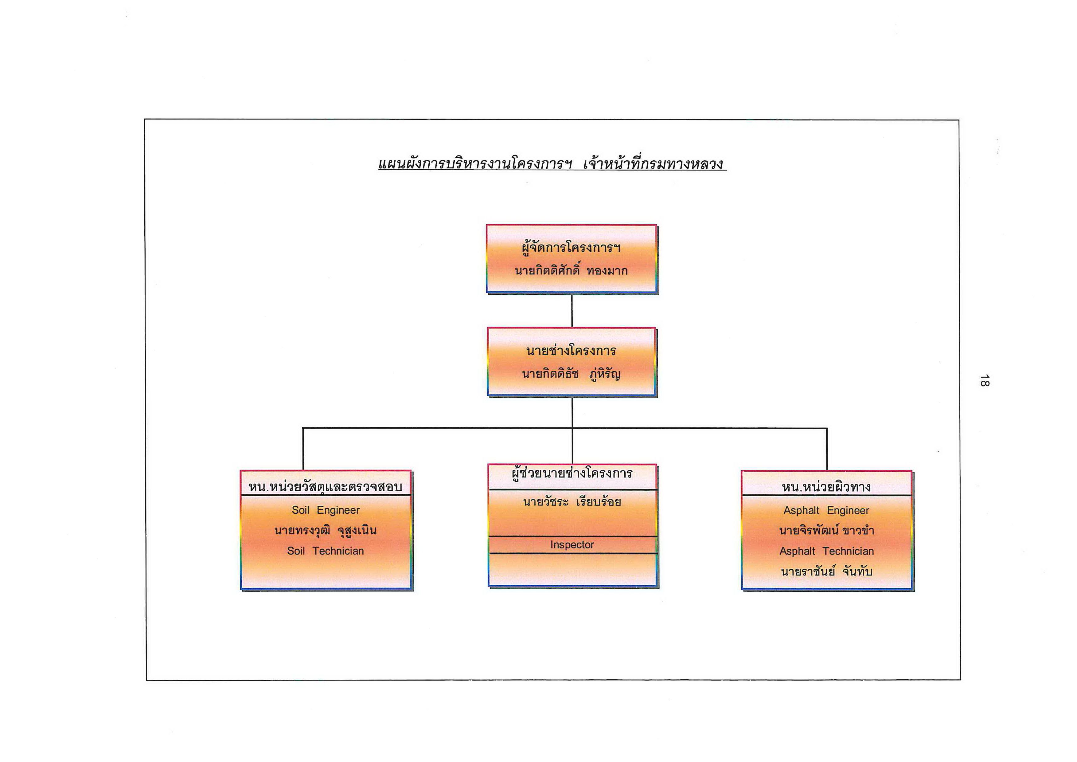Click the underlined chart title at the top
(x=552, y=163)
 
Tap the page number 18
(x=984, y=380)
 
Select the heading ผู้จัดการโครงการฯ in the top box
(x=571, y=247)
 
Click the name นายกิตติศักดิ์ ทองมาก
(x=571, y=270)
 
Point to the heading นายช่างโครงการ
(x=571, y=351)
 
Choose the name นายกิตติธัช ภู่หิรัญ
(x=571, y=374)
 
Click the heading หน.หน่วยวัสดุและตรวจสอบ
(x=325, y=487)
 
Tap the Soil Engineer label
(x=326, y=510)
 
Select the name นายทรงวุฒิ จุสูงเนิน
(x=325, y=531)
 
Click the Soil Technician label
(x=325, y=551)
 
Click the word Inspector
(x=572, y=545)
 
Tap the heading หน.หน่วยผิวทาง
(x=826, y=487)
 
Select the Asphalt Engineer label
(x=826, y=510)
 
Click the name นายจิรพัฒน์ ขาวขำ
(x=826, y=531)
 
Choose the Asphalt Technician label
(x=826, y=551)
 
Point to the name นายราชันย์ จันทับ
(x=826, y=571)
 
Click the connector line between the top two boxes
(x=572, y=311)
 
